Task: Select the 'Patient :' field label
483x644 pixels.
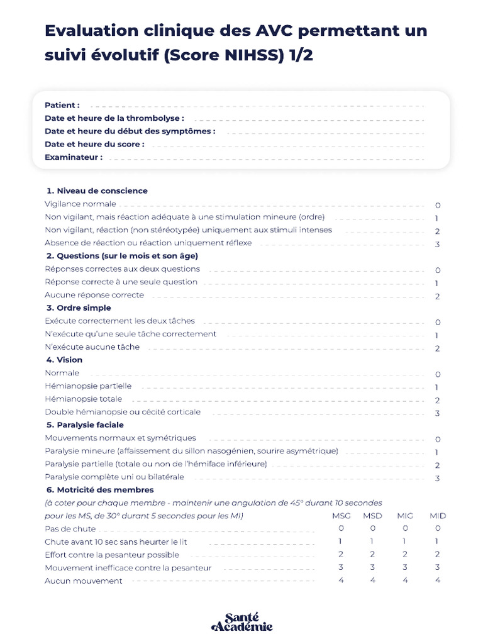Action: [x=62, y=105]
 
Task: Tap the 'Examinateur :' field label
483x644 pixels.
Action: [x=74, y=157]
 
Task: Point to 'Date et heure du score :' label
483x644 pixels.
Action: [x=94, y=144]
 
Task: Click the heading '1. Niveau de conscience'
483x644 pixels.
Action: [x=97, y=191]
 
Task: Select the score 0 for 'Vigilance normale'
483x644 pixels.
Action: [x=437, y=206]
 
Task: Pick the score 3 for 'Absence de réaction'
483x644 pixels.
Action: [x=437, y=245]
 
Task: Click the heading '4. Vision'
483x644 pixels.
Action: [x=64, y=360]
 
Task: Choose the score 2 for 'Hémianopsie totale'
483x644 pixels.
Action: [x=437, y=401]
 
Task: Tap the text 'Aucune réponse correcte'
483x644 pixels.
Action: [x=94, y=295]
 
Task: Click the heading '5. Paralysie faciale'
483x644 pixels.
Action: [x=85, y=425]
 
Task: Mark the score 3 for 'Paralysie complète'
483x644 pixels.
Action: [x=437, y=479]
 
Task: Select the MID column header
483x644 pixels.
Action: [x=438, y=516]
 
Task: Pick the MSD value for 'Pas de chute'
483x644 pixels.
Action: [x=373, y=528]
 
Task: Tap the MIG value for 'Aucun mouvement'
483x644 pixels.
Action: [x=405, y=580]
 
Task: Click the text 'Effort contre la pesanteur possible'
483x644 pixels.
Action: [x=112, y=555]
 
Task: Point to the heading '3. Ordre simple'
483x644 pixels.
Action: [x=79, y=308]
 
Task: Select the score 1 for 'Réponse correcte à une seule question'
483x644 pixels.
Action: [x=437, y=284]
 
